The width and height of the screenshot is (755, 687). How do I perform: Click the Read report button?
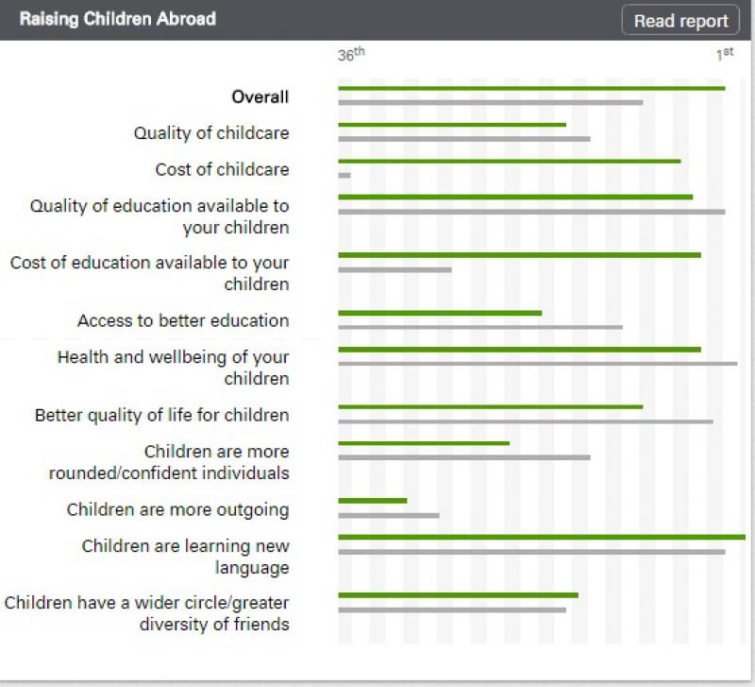pyautogui.click(x=680, y=21)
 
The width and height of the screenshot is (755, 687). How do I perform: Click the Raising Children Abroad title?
pyautogui.click(x=118, y=19)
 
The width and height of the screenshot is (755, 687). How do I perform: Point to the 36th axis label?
pyautogui.click(x=350, y=55)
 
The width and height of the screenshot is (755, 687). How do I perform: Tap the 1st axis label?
pyautogui.click(x=724, y=54)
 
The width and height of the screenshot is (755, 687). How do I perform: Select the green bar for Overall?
pyautogui.click(x=531, y=88)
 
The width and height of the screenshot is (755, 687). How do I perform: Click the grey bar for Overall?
pyautogui.click(x=490, y=102)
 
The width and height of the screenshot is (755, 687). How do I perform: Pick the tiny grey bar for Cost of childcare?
pyautogui.click(x=344, y=175)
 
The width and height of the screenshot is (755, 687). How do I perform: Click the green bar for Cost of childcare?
pyautogui.click(x=509, y=161)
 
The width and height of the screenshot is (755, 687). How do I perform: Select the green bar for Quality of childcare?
pyautogui.click(x=452, y=125)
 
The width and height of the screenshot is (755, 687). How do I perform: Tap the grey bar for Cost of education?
pyautogui.click(x=394, y=269)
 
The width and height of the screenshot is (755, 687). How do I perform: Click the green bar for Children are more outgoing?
pyautogui.click(x=372, y=501)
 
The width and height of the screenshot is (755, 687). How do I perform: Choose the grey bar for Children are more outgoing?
pyautogui.click(x=389, y=515)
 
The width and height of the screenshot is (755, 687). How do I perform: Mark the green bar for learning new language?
pyautogui.click(x=542, y=537)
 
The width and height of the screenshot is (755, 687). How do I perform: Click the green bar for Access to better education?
pyautogui.click(x=440, y=313)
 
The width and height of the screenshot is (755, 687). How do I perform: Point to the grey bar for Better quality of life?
pyautogui.click(x=526, y=421)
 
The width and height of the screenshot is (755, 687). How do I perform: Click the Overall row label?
pyautogui.click(x=260, y=96)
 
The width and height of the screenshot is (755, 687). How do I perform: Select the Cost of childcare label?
pyautogui.click(x=222, y=169)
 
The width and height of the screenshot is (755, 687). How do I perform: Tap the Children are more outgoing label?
pyautogui.click(x=177, y=509)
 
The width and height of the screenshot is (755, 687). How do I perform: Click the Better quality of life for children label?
pyautogui.click(x=161, y=415)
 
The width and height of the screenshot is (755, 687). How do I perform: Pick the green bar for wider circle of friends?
pyautogui.click(x=458, y=595)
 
